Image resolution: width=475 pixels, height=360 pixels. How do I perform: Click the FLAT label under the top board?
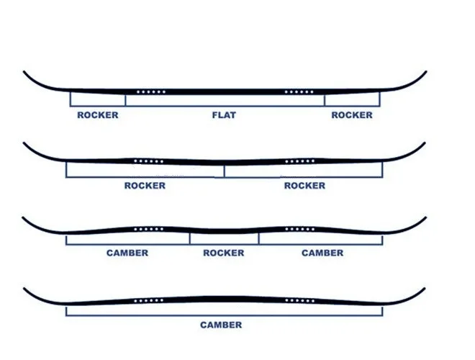point(224,115)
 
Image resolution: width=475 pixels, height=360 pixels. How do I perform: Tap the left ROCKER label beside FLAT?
point(97,115)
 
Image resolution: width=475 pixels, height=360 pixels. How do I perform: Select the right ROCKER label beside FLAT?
point(352,115)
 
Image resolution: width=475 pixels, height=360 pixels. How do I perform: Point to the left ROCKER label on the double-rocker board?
point(145,186)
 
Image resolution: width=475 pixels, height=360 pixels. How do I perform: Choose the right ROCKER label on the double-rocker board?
point(304,186)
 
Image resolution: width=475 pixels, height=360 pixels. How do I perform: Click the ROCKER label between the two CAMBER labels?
point(224,253)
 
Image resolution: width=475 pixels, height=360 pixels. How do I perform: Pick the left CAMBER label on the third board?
point(127,253)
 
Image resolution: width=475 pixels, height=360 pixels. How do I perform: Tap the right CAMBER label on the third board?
point(322,253)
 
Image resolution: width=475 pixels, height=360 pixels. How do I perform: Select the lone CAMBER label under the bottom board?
point(221,325)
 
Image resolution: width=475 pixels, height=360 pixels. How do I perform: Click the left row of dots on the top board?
point(152,92)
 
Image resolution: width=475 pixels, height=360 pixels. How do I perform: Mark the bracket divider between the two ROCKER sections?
point(224,171)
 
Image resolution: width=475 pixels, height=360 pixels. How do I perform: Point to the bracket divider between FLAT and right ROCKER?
point(324,100)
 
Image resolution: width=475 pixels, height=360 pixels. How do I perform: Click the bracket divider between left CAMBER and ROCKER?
point(190,239)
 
